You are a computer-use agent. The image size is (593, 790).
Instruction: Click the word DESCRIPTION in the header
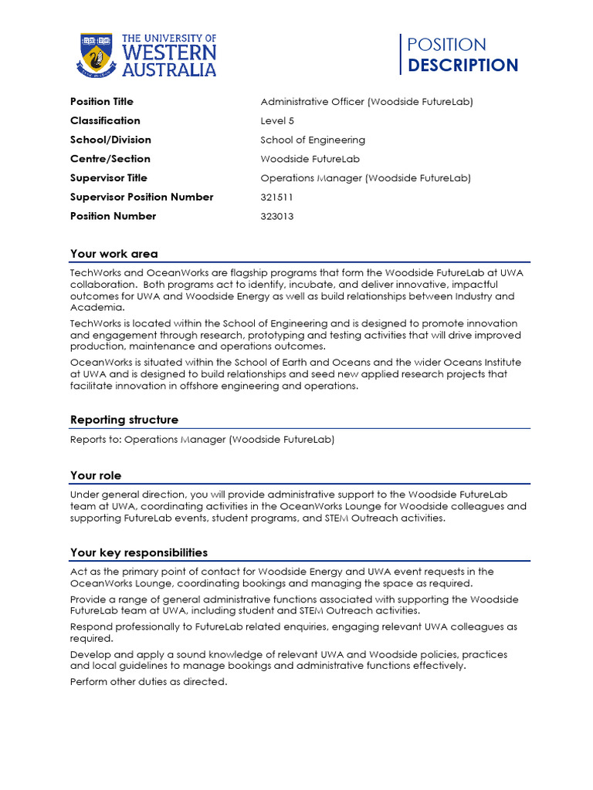click(463, 66)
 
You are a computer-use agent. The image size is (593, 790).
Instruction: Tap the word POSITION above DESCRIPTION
click(446, 45)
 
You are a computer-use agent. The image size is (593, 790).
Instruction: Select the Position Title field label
click(101, 102)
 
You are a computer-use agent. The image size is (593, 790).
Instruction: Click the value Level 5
click(277, 121)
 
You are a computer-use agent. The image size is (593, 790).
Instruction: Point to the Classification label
click(105, 121)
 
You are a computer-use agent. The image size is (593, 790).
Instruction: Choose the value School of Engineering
click(313, 140)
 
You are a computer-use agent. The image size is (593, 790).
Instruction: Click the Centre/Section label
click(110, 159)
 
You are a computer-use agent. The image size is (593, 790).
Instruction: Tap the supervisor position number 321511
click(277, 197)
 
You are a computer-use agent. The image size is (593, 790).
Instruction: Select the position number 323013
click(277, 217)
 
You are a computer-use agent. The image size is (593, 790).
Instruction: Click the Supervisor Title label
click(108, 178)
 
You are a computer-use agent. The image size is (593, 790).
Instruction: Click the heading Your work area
click(114, 254)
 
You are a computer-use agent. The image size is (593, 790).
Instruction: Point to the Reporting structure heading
click(124, 420)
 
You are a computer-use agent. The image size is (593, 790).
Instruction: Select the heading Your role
click(96, 476)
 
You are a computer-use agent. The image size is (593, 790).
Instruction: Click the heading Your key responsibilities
click(138, 553)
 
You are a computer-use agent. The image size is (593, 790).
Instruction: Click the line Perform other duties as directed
click(148, 682)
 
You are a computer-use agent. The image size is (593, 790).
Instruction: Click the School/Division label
click(110, 140)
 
